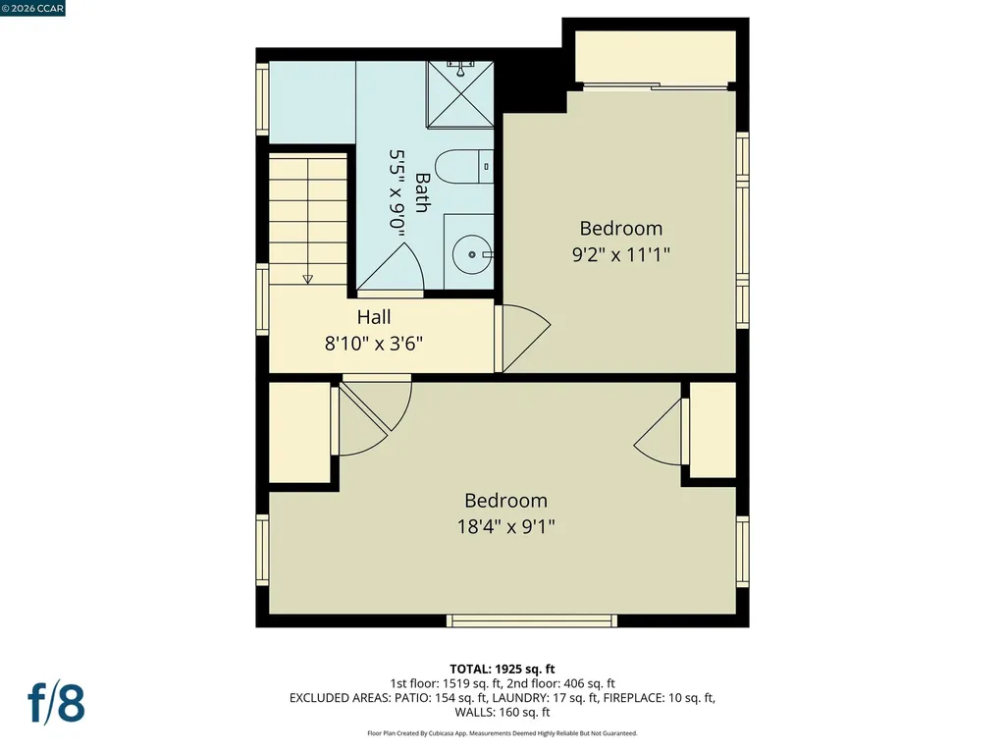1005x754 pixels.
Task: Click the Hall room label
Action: point(374,317)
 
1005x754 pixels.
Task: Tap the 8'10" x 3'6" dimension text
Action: point(374,344)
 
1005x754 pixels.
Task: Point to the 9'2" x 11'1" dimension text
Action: point(620,253)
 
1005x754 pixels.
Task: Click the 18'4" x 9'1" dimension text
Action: point(505,525)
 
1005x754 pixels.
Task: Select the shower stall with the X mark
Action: point(459,96)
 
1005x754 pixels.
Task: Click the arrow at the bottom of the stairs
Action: point(308,278)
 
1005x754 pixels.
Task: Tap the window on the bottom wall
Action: point(532,620)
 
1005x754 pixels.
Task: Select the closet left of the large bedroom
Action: point(299,432)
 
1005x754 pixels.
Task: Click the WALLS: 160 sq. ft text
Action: point(502,713)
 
